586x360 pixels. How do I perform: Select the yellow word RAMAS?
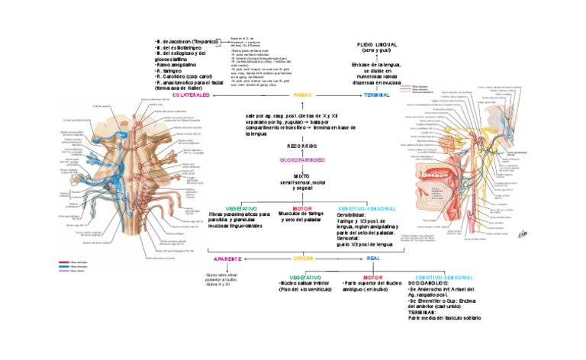tap(302, 95)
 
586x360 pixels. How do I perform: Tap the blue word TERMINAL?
tap(376, 95)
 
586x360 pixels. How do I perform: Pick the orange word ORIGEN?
tap(304, 259)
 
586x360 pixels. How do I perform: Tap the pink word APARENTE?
tap(228, 259)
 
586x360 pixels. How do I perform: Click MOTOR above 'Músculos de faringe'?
tap(302, 207)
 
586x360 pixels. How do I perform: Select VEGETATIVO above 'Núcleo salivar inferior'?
tap(304, 278)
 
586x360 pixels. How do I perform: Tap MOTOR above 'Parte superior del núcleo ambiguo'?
tap(372, 278)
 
